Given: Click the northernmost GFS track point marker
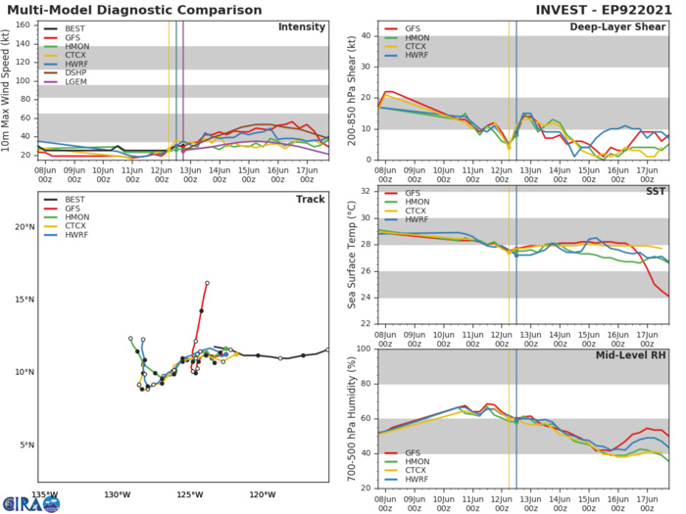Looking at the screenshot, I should tap(208, 283).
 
